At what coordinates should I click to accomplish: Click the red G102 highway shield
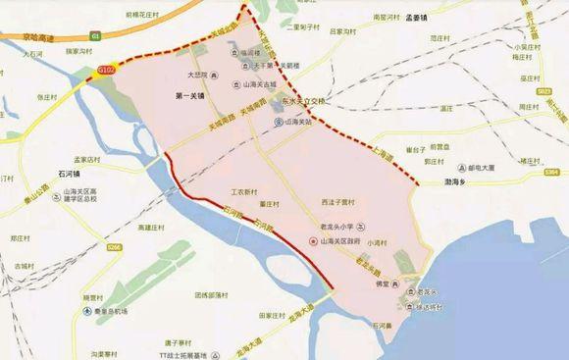(107, 71)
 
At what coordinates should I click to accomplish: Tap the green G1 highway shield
(96, 36)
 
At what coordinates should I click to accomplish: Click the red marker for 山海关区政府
(312, 241)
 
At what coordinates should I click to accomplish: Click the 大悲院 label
(199, 74)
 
